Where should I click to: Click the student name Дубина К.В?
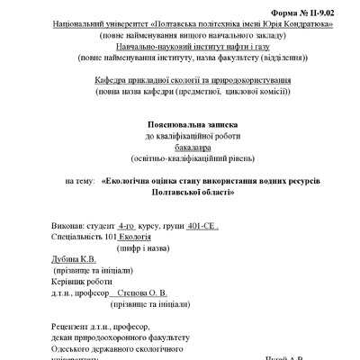click(73, 260)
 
